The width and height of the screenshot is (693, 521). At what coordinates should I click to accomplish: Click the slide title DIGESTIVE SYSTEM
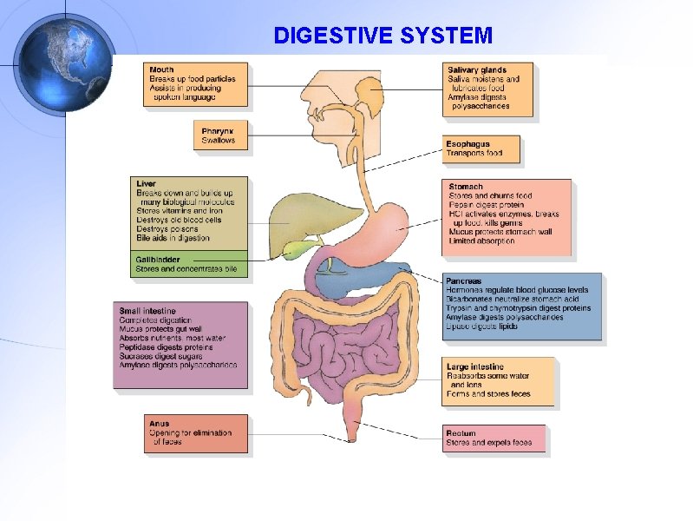click(x=382, y=36)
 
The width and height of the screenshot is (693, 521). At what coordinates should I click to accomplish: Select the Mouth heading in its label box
click(x=161, y=69)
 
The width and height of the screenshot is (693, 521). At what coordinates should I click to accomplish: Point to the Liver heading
click(x=146, y=183)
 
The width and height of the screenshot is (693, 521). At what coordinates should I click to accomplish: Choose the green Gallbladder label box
click(x=189, y=264)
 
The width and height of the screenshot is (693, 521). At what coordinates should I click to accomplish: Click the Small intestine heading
click(x=147, y=310)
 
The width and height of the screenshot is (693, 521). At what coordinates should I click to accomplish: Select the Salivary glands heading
click(x=477, y=69)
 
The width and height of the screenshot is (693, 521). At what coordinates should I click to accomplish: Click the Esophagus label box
click(x=481, y=148)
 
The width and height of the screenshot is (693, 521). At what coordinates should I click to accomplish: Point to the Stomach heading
click(x=466, y=187)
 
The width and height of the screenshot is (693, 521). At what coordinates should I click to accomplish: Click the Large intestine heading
click(x=474, y=366)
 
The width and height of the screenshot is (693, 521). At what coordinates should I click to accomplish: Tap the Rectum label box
click(x=494, y=439)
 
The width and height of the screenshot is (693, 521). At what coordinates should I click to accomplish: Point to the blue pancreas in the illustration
click(x=364, y=276)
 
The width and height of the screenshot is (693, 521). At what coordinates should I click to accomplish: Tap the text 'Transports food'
click(x=474, y=154)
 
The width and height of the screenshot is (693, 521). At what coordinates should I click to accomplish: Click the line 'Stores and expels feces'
click(x=488, y=443)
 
